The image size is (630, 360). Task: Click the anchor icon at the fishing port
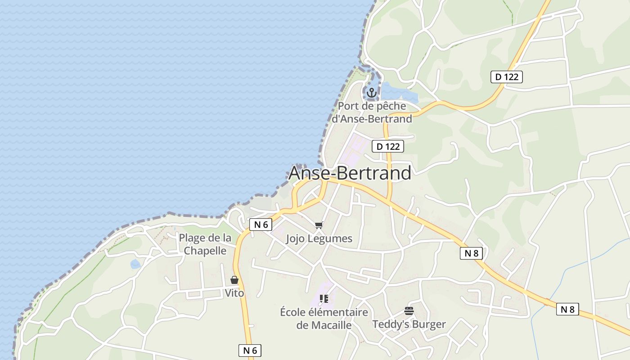click(371, 93)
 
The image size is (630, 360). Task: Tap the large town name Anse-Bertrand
click(350, 173)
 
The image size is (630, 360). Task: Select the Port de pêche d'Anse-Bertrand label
click(372, 112)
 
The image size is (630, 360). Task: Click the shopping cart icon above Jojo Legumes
click(319, 225)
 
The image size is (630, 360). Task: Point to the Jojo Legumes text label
click(319, 238)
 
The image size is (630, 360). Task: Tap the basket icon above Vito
click(234, 280)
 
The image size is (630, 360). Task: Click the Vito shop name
click(234, 293)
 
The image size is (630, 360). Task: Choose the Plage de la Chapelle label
click(205, 244)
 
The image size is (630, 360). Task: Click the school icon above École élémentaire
click(324, 299)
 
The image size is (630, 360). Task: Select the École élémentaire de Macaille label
click(324, 319)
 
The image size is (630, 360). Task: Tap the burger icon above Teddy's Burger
click(409, 311)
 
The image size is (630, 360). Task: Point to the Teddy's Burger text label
click(409, 324)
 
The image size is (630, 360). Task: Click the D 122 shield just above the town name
click(388, 146)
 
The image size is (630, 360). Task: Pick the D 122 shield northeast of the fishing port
click(507, 77)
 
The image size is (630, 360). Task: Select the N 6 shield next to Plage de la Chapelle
click(261, 225)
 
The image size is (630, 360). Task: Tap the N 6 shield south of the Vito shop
click(250, 351)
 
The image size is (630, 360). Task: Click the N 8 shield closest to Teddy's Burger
click(471, 253)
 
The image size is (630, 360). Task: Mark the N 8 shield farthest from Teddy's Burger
click(567, 309)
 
